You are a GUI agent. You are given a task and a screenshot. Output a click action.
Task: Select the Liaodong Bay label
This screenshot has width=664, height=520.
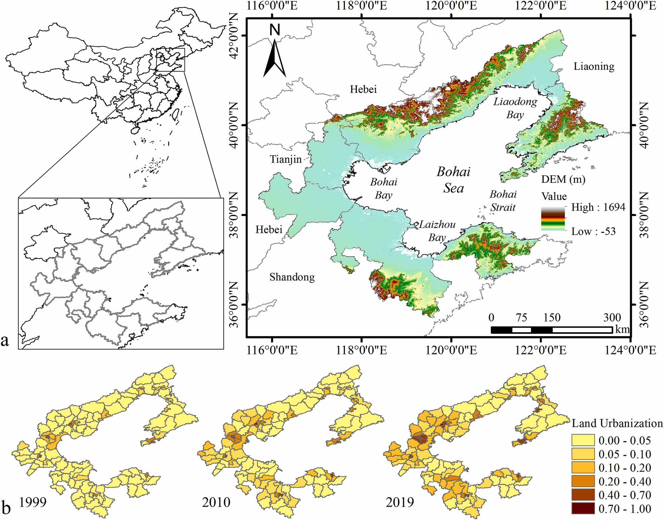click(x=515, y=108)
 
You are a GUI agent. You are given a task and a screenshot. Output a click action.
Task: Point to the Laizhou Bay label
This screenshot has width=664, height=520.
click(x=437, y=231)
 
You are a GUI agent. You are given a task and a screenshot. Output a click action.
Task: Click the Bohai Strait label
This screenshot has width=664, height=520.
click(x=503, y=200)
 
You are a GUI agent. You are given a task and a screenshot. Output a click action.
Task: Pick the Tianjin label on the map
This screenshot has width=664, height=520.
click(x=286, y=159)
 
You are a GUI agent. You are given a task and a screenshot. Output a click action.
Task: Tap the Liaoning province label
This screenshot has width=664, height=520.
click(x=594, y=66)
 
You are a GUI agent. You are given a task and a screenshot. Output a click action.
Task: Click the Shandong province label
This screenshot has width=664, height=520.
click(x=292, y=277)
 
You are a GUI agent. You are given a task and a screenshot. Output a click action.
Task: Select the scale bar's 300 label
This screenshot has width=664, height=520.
click(x=612, y=317)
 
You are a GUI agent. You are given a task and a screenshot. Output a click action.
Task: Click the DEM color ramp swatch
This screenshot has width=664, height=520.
click(x=553, y=219)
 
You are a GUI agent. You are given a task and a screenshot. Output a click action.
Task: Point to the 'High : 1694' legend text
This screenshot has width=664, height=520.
click(x=598, y=207)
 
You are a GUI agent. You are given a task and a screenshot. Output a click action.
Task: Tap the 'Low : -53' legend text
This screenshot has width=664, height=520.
click(x=593, y=231)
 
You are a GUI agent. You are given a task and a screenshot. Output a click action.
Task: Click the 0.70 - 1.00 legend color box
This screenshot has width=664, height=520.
click(x=583, y=509)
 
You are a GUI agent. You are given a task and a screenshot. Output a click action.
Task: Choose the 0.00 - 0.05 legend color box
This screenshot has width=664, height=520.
click(x=583, y=440)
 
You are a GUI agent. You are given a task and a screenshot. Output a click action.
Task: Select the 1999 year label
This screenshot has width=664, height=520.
click(x=33, y=502)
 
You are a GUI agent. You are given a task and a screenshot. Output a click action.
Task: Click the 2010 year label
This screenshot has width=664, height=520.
click(x=216, y=502)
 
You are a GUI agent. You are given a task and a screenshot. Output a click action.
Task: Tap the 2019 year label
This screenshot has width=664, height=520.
click(x=399, y=502)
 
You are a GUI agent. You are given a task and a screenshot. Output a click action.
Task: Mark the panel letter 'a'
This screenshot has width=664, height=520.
click(x=5, y=340)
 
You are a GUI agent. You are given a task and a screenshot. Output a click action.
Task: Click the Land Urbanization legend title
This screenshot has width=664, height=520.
click(x=617, y=423)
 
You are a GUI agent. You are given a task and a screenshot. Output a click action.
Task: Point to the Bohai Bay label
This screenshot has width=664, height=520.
click(x=383, y=188)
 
